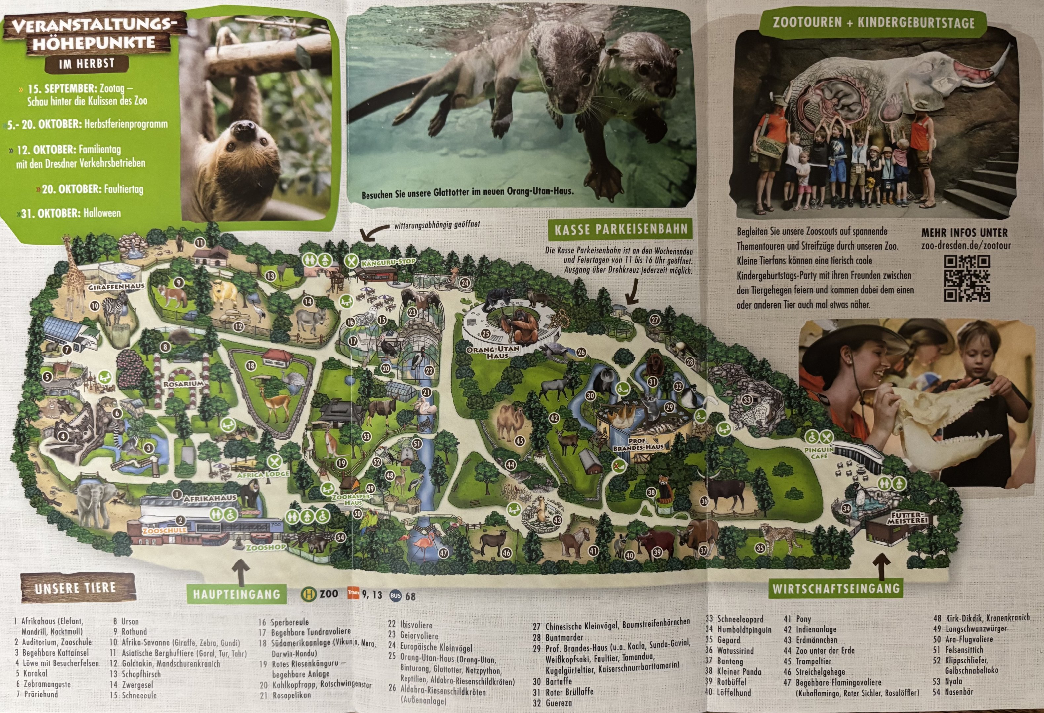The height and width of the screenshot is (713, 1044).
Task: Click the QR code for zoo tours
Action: (x=966, y=279)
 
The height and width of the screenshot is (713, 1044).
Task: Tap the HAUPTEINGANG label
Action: (x=237, y=594)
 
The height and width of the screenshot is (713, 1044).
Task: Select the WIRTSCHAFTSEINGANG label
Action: (x=836, y=588)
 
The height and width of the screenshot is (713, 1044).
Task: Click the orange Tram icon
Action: (x=353, y=593)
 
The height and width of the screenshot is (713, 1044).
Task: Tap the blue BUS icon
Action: (x=395, y=595)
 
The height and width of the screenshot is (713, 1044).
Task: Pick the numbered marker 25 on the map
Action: (x=485, y=333)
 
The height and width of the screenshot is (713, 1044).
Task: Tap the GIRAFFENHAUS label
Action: (x=116, y=286)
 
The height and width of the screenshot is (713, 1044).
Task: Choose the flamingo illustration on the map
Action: (x=424, y=544)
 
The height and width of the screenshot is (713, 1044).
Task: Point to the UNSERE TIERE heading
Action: (x=75, y=588)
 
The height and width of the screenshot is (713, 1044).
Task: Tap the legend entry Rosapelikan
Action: (x=291, y=695)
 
